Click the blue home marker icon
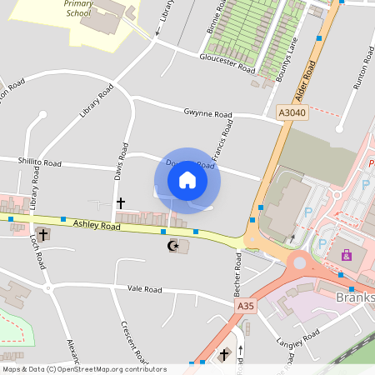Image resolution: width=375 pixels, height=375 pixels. coord(187,180)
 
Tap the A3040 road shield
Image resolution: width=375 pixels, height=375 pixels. coord(292,112)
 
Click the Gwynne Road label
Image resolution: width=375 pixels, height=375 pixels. coord(207,113)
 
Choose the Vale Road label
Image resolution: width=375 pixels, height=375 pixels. coord(144,289)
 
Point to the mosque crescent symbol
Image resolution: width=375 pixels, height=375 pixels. coord(173,246)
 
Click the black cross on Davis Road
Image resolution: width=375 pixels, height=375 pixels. coord(120,202)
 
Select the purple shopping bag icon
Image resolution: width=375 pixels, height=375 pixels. coord(347,255)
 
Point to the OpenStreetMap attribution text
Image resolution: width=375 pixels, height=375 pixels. coord(84,368)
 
